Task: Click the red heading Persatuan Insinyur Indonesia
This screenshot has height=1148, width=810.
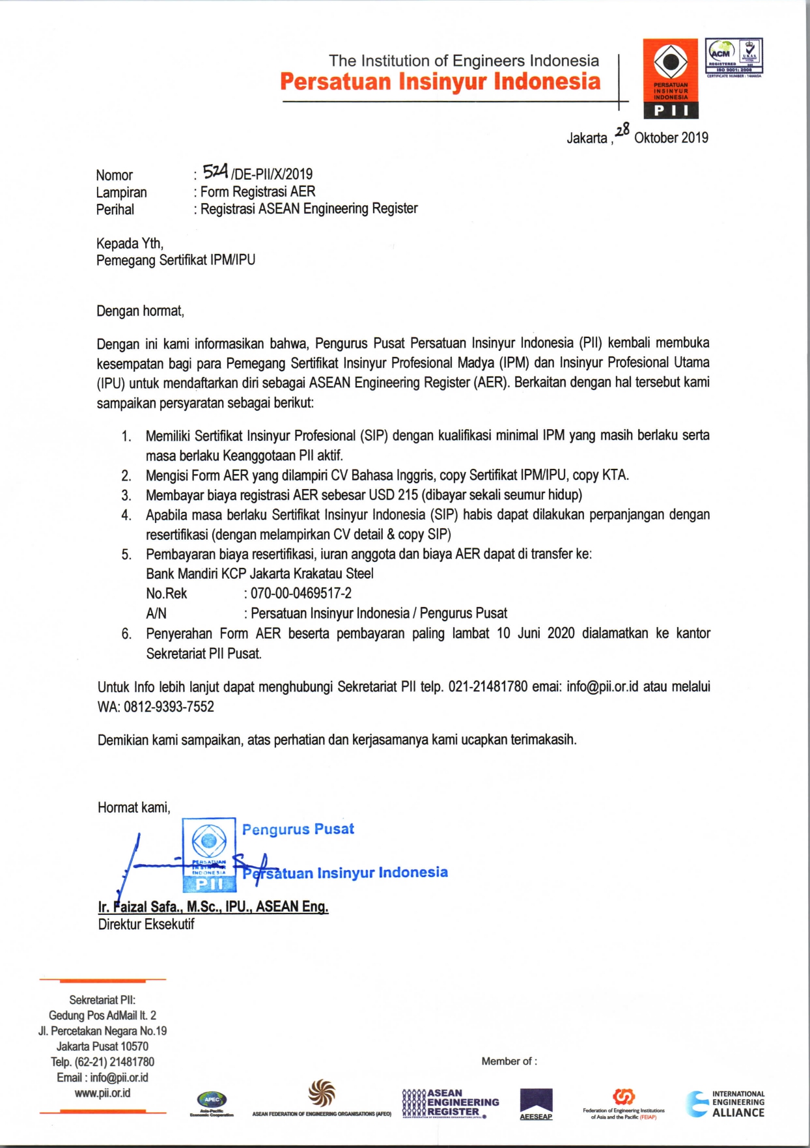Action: point(440,82)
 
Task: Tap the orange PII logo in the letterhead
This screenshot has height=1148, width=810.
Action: point(671,79)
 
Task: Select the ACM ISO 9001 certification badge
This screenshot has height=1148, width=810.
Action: point(734,57)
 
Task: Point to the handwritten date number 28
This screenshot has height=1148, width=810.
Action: point(622,130)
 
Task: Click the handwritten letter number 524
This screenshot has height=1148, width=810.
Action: point(215,172)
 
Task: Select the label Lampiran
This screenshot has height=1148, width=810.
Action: point(121,192)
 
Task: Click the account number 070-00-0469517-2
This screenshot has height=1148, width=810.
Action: point(301,593)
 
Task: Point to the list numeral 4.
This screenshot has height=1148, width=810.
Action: point(126,515)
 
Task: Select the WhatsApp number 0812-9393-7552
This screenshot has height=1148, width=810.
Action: point(169,707)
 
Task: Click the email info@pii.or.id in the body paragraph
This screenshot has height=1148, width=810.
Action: point(602,687)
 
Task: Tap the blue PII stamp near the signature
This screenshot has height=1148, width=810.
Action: point(209,854)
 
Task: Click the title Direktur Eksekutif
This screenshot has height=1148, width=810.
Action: point(146,924)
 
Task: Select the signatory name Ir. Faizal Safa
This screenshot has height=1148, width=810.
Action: point(213,906)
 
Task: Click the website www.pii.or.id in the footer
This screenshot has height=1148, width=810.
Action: point(102,1093)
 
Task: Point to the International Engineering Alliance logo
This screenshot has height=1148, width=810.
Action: point(725,1104)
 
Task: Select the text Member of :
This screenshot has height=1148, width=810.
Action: point(509,1061)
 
